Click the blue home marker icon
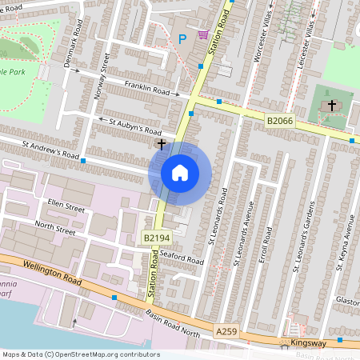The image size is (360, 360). [180, 172]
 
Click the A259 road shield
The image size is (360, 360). [226, 329]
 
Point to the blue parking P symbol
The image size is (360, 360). [182, 38]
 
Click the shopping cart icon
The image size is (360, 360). [203, 35]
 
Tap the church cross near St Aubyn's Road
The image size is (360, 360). [162, 144]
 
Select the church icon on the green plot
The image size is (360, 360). [331, 105]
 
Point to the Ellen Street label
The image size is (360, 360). [66, 207]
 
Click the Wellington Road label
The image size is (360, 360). [53, 268]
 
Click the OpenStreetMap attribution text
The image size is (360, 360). [81, 354]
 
